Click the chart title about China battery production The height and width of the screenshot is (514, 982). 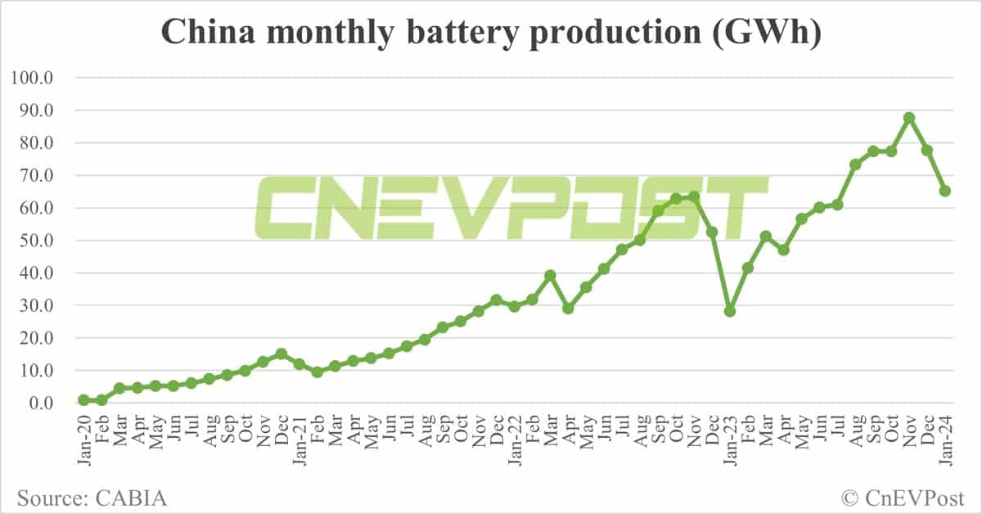point(490,34)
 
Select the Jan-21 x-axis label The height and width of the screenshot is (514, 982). point(299,442)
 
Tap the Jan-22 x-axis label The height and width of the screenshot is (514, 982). point(514,442)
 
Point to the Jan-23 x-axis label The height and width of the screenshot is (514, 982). point(729,442)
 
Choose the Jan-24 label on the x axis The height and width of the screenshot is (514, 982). point(944,442)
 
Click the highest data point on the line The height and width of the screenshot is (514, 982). point(908,118)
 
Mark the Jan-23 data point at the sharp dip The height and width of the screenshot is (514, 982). point(729,311)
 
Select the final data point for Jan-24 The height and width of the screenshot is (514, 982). point(944,191)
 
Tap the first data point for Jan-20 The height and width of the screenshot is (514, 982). point(83,400)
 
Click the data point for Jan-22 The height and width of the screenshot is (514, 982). point(514,306)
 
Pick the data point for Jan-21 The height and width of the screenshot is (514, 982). point(299,364)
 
